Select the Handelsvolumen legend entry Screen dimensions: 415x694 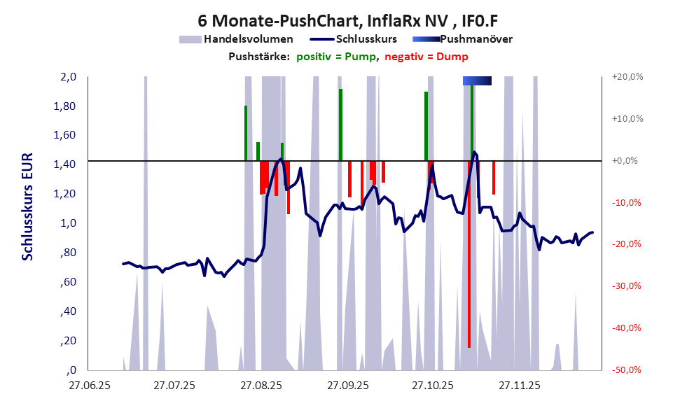[x=236, y=39]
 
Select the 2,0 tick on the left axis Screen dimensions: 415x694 [x=67, y=77]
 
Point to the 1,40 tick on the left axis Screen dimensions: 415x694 [x=65, y=164]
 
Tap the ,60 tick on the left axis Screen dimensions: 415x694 [x=69, y=282]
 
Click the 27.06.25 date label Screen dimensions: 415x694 [x=88, y=385]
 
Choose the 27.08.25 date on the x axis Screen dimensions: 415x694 [x=260, y=385]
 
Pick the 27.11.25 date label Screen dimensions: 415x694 [x=518, y=385]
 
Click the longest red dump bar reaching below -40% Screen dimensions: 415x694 [x=469, y=280]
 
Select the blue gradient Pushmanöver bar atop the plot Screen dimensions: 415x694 [x=477, y=81]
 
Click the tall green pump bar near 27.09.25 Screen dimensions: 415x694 [x=340, y=125]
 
